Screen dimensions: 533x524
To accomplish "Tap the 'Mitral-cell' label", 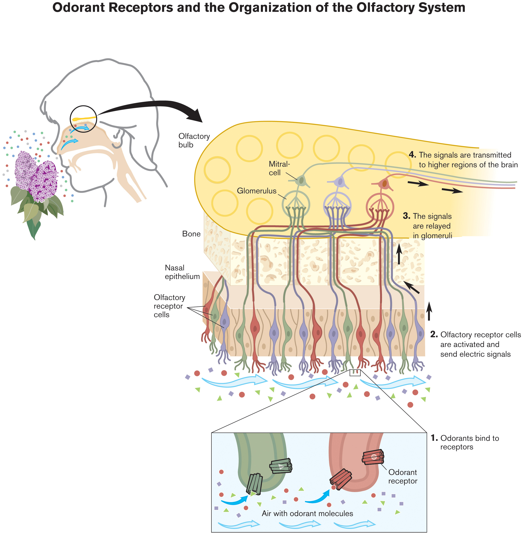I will tap(279, 168).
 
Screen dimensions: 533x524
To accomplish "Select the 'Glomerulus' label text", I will tap(257, 191).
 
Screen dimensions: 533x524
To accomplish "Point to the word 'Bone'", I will tap(191, 234).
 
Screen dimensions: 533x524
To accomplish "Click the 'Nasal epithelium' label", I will tap(182, 272).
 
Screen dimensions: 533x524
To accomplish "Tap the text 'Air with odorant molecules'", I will tap(307, 514).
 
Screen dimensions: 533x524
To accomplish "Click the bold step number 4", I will tap(412, 155).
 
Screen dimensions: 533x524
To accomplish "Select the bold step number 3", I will tap(406, 216).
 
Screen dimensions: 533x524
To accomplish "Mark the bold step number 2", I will tap(434, 334).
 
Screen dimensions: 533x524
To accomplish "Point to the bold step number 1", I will tap(434, 438).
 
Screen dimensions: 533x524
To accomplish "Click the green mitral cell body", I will tap(302, 181).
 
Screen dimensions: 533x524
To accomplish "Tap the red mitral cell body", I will tap(384, 183).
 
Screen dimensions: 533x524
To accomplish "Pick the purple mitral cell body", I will tap(340, 182).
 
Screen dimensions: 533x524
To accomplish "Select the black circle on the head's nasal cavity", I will tap(83, 119).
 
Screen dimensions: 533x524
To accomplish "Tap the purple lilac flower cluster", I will tap(36, 176).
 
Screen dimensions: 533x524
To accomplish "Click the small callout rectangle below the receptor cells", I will tap(355, 373).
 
